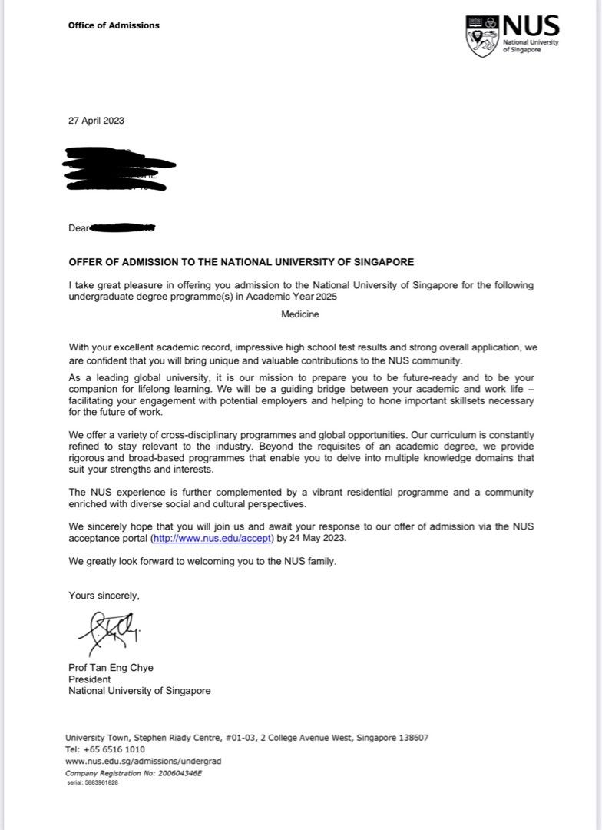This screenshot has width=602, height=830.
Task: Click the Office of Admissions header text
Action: pos(114,25)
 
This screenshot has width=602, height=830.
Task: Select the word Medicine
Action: pos(300,314)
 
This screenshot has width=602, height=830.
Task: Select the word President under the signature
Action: pos(90,679)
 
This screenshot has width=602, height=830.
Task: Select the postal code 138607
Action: pos(412,738)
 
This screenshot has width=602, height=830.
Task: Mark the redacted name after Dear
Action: pos(123,227)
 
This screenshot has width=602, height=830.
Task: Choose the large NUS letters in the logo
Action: pos(531,28)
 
